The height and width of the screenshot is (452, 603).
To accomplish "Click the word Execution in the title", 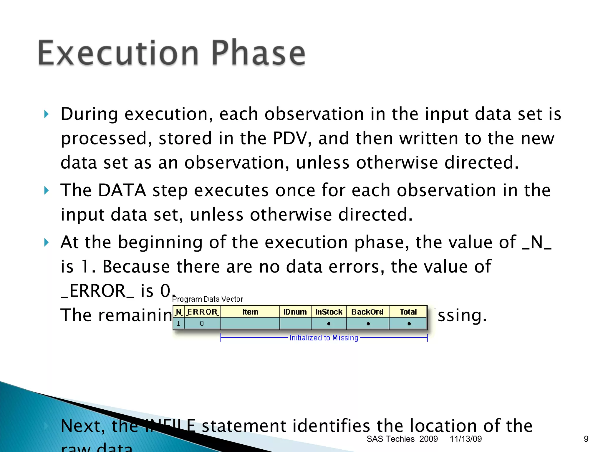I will coord(118,53).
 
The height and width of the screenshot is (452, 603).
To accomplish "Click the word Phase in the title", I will coord(259,53).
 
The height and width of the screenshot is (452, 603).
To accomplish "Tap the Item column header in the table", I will coord(250,312).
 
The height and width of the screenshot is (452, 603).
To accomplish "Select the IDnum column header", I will coord(295,312).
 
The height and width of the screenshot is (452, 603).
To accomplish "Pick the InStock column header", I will coord(329,312).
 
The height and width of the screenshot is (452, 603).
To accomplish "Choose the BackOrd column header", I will coord(367,312).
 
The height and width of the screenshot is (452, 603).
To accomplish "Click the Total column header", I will coord(408,312).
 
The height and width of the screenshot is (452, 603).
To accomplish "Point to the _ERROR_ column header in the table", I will coord(202,312).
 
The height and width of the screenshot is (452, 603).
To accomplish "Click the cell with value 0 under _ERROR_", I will coord(202,324).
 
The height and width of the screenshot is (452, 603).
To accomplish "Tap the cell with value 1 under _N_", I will coord(178,324).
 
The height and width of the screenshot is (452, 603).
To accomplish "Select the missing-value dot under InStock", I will coord(329,324).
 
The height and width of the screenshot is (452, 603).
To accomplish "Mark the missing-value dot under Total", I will coord(409,324).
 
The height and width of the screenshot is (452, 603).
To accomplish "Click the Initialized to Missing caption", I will coord(324,338).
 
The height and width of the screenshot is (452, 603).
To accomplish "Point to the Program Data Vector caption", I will coord(208,299).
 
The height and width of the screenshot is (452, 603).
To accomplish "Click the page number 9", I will coord(586,439).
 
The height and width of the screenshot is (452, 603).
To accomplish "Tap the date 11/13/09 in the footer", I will coord(466,439).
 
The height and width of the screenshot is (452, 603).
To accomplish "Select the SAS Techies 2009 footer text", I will coord(402,439).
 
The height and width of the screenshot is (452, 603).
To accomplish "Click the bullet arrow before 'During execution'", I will coord(46,114).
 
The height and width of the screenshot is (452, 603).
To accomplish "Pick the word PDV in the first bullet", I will coord(290,138).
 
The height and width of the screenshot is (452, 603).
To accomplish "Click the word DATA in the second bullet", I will coord(122,190).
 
